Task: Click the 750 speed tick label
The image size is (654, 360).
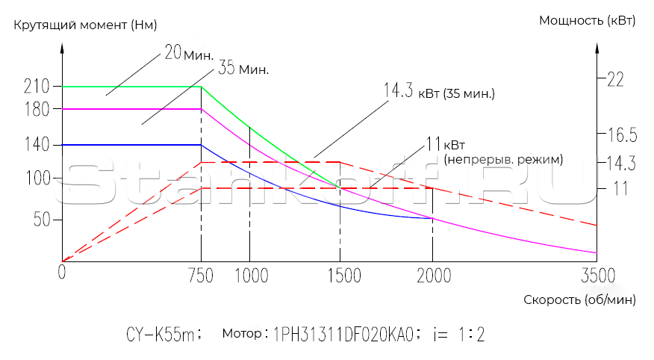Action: click(x=201, y=276)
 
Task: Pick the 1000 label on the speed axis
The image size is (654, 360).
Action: click(x=252, y=276)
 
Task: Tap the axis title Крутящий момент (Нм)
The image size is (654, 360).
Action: click(x=85, y=25)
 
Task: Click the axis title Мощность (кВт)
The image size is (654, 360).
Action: click(x=587, y=20)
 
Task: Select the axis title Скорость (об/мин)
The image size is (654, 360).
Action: click(x=579, y=300)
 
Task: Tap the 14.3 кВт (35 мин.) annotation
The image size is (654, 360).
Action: click(x=440, y=93)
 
